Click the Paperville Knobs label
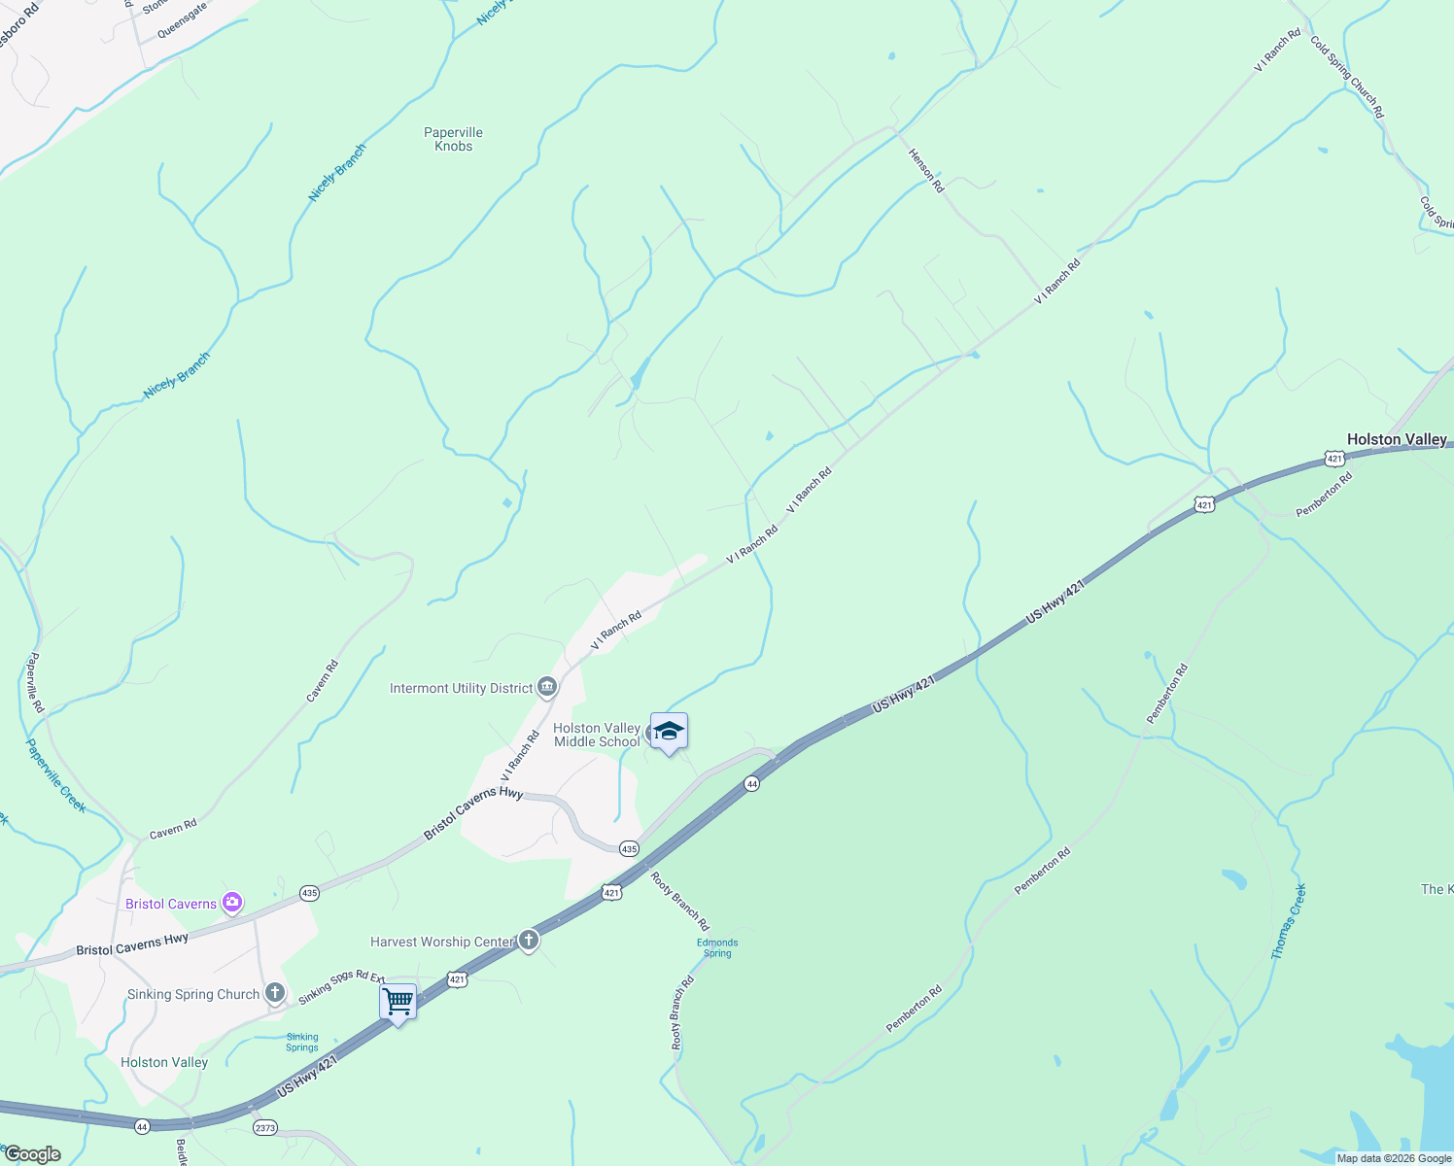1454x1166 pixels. [453, 139]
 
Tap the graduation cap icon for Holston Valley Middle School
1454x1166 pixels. [669, 731]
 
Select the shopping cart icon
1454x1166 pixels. [398, 1001]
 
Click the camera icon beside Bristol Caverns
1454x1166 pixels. [232, 904]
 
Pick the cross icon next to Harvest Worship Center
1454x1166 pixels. [528, 941]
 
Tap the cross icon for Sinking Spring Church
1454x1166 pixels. [275, 993]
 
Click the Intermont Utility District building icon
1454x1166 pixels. [547, 688]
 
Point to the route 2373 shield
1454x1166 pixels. [264, 1128]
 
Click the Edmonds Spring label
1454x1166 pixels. [717, 947]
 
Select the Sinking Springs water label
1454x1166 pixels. [302, 1042]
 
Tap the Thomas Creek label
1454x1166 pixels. [1289, 921]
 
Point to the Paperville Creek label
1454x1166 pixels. [55, 775]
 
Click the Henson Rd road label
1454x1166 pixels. [925, 169]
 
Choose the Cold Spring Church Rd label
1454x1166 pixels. [1346, 77]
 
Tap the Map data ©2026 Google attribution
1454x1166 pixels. [1393, 1158]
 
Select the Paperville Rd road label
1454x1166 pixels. [35, 682]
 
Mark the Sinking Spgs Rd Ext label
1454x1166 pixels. [341, 987]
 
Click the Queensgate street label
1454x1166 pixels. [182, 18]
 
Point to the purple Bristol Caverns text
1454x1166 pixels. [171, 904]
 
